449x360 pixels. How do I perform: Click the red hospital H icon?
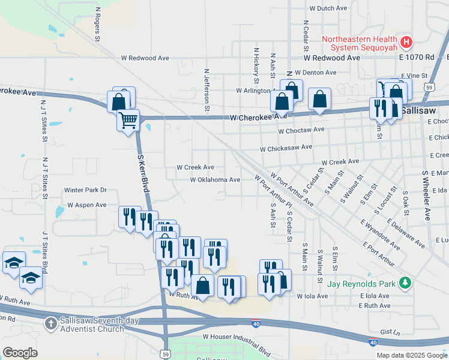[406, 42]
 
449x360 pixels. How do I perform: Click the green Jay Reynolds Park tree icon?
[406, 282]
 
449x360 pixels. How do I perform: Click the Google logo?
[20, 353]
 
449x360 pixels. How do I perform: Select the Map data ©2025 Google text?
[412, 355]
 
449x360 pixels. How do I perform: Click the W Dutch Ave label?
[328, 9]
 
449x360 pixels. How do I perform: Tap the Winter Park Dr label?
[85, 190]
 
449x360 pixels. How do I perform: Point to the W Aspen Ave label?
[86, 205]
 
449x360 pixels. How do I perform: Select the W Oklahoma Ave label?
[215, 179]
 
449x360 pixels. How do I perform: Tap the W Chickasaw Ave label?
[286, 147]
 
